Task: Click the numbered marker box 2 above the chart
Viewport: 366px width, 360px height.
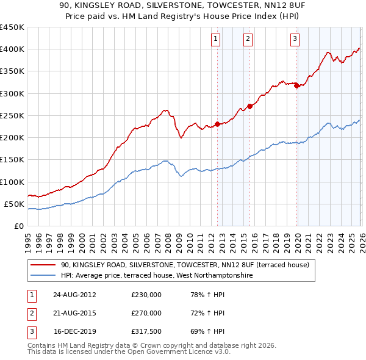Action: pos(248,39)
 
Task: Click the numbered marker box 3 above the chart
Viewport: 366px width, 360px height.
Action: pos(295,39)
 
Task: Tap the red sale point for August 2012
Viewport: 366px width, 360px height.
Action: pos(217,124)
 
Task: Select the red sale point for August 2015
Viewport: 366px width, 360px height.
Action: pos(249,106)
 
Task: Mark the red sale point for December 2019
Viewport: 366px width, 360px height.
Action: pos(296,85)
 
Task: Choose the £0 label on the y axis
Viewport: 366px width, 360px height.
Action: pos(18,226)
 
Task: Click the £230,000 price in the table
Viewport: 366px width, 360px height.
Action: pos(146,294)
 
